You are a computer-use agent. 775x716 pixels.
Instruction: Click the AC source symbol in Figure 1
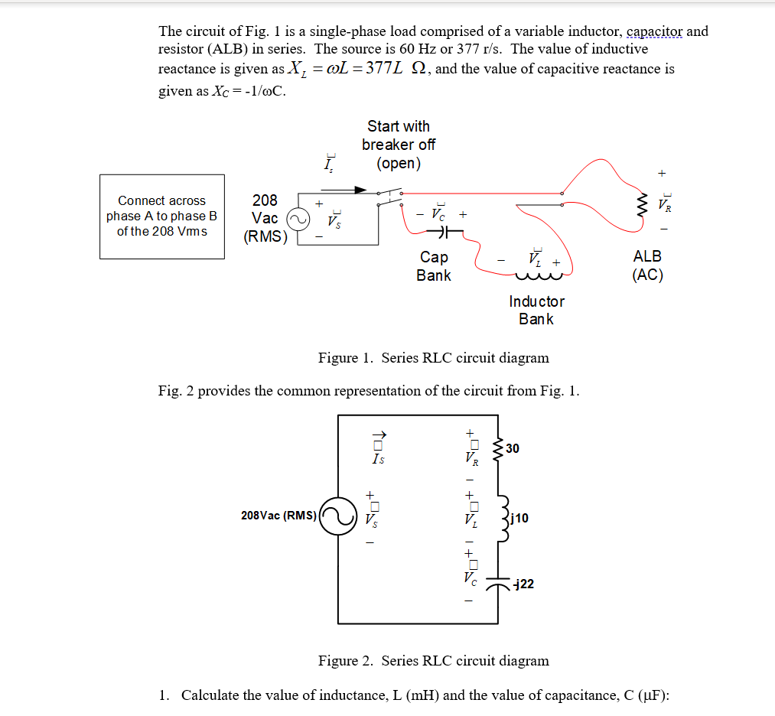click(x=298, y=220)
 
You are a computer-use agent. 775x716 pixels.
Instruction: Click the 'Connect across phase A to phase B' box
click(x=162, y=216)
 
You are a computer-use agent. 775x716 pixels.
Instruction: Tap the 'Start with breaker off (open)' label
click(x=399, y=145)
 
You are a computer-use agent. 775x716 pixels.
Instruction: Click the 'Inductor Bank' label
click(x=536, y=311)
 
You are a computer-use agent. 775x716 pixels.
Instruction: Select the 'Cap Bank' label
click(x=434, y=266)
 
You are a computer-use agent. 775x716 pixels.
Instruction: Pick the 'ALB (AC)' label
click(x=647, y=265)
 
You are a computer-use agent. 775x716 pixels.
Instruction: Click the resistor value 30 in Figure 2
click(x=512, y=448)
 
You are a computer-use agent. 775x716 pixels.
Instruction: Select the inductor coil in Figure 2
click(x=501, y=518)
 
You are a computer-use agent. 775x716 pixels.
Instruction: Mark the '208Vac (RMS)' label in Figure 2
click(x=278, y=516)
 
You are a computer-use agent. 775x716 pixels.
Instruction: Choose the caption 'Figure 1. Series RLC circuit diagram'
click(x=433, y=358)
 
